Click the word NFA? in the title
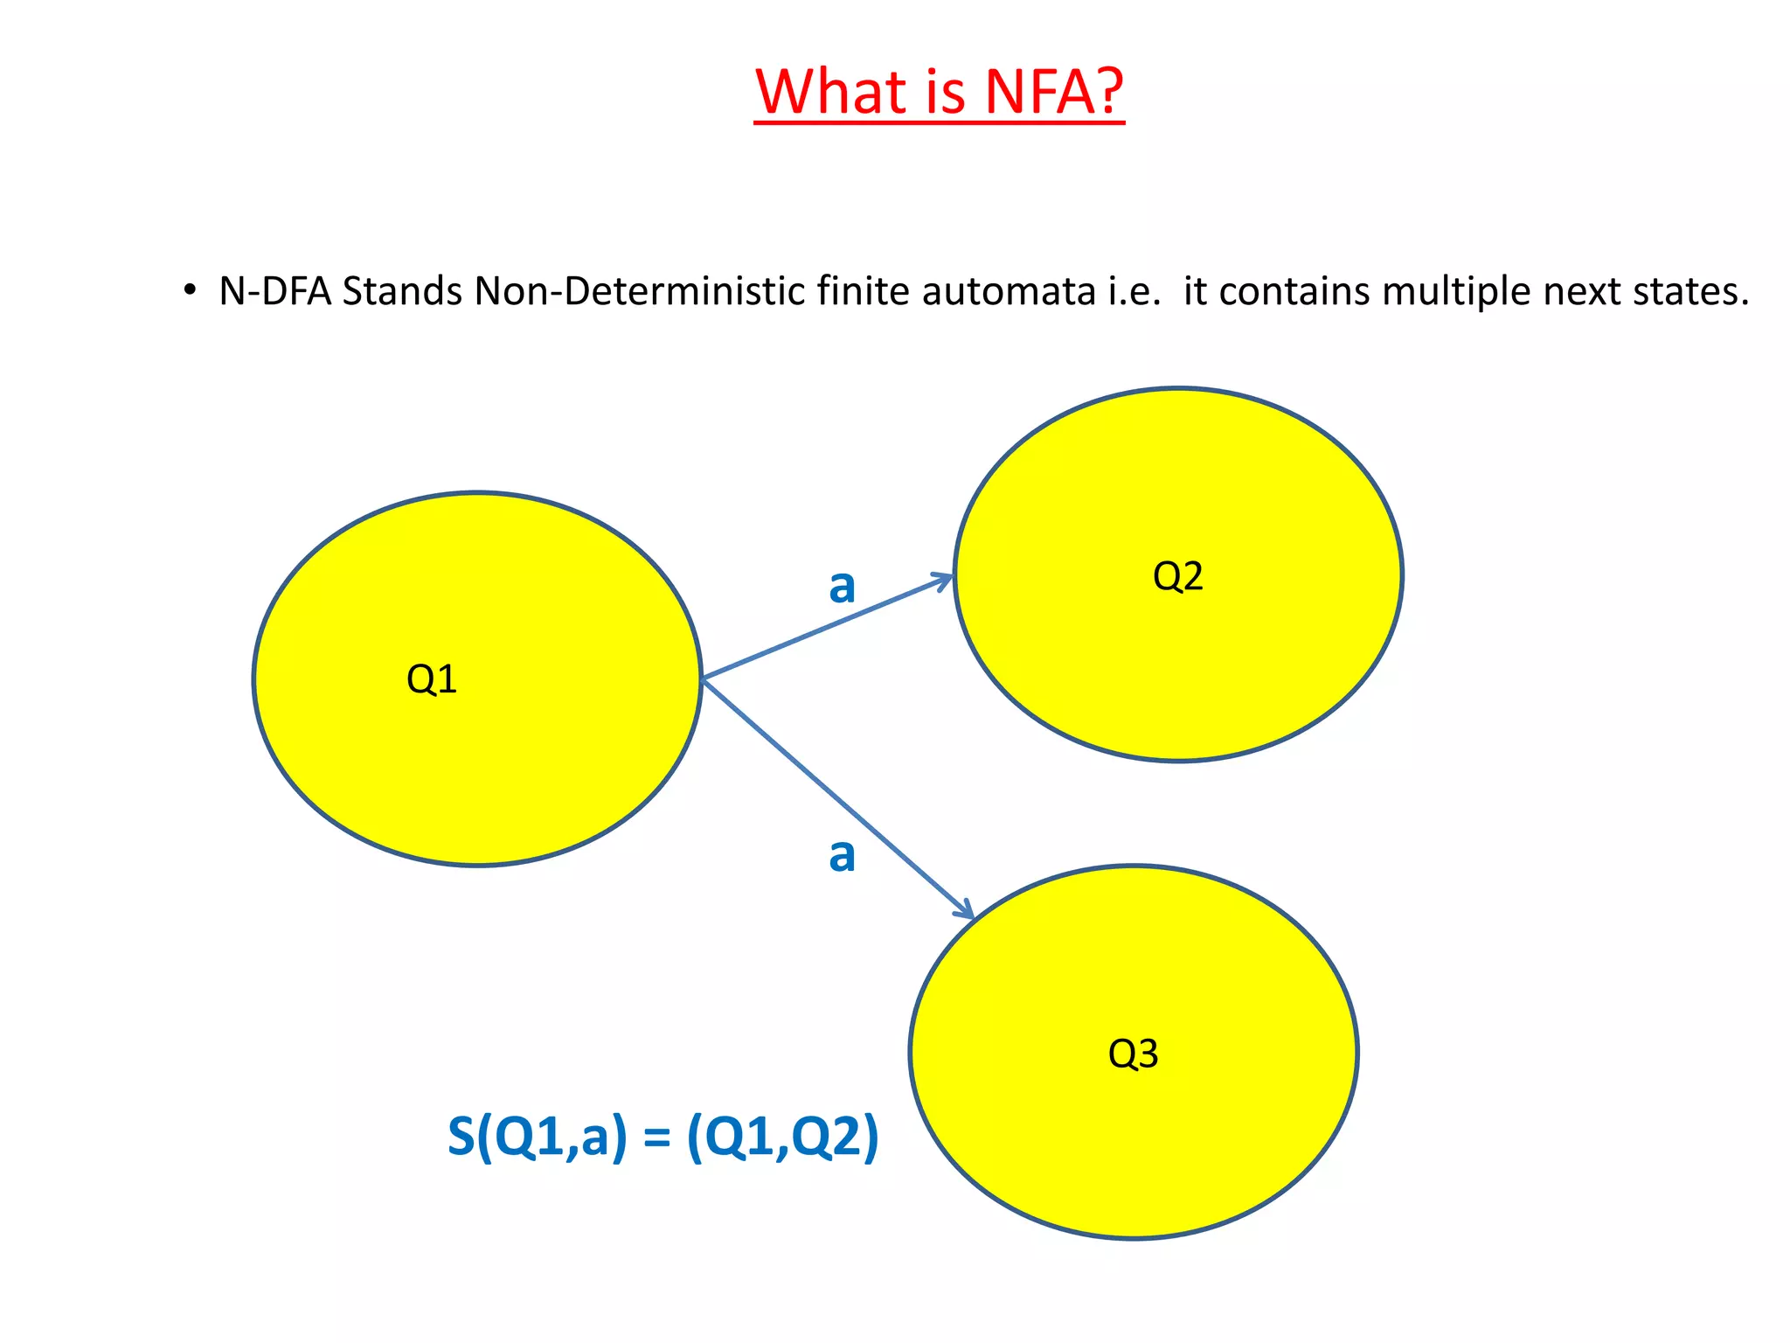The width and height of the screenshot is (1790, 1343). click(x=1053, y=92)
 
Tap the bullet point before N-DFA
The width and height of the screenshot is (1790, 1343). click(x=190, y=290)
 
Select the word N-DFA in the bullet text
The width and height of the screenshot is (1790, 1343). click(x=274, y=291)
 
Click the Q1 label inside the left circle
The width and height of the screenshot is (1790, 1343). click(x=432, y=679)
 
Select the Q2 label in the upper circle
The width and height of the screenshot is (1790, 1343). click(x=1177, y=576)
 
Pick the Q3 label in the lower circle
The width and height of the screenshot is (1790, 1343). click(x=1133, y=1054)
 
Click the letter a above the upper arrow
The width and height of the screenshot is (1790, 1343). click(x=842, y=586)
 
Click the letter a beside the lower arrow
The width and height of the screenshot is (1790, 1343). click(x=842, y=855)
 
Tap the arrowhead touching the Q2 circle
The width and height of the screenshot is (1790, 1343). click(x=944, y=579)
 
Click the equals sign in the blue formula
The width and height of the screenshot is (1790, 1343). click(x=656, y=1138)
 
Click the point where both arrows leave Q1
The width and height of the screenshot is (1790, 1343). click(x=703, y=678)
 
